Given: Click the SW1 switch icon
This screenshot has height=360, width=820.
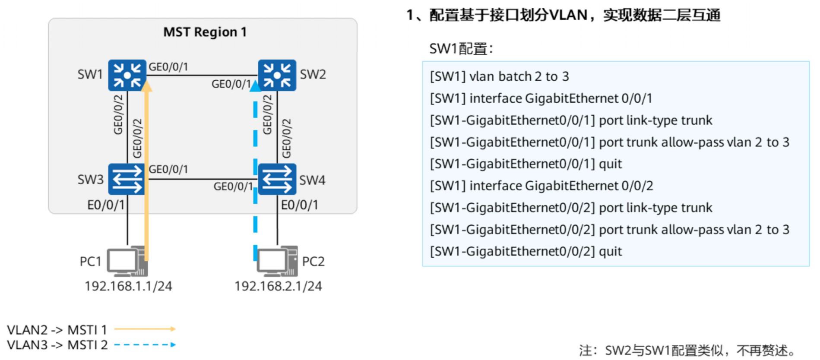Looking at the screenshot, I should tap(127, 76).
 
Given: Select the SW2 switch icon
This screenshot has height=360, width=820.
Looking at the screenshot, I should tap(277, 76).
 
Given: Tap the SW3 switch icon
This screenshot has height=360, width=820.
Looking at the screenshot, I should tap(127, 179).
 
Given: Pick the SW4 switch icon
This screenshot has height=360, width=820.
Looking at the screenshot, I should tap(277, 179).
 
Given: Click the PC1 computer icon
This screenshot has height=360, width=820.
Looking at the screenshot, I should tap(127, 262).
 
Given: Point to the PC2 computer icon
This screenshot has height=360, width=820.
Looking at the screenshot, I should tap(277, 262).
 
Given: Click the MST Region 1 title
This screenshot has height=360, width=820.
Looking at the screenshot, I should tap(205, 32).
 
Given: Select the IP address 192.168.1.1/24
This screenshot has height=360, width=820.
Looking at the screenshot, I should tap(128, 286).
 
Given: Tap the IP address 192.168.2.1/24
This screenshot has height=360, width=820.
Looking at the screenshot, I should tap(278, 286).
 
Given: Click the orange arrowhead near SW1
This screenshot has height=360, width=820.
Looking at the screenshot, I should tap(147, 86).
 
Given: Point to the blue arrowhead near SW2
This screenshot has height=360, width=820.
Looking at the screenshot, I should tap(255, 86).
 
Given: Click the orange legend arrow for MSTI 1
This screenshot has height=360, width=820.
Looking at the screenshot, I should tap(145, 329).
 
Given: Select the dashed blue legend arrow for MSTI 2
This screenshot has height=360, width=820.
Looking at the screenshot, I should tap(145, 344).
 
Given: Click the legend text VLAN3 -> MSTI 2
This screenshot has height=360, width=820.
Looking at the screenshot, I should tap(57, 345).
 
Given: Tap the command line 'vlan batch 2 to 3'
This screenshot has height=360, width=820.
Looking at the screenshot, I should tap(499, 76).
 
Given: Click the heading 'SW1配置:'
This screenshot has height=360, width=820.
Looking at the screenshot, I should tap(461, 49).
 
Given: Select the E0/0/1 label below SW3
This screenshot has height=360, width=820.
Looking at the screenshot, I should tap(106, 205).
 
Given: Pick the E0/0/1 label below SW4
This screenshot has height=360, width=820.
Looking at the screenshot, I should tap(299, 205).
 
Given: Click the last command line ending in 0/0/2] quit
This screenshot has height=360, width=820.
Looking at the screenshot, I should tap(526, 251).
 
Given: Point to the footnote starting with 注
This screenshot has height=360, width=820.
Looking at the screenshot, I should tap(687, 350).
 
